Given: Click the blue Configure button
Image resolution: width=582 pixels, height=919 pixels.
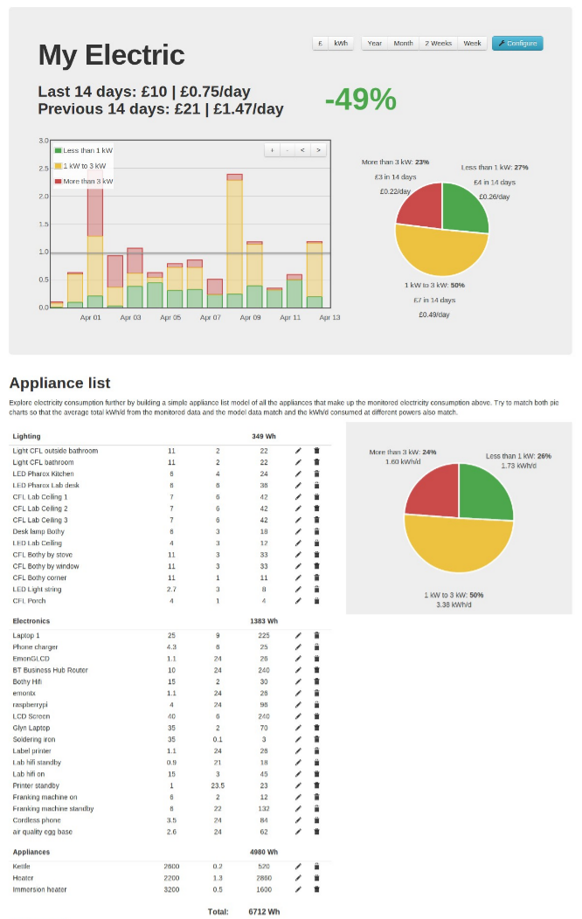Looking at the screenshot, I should click(517, 43).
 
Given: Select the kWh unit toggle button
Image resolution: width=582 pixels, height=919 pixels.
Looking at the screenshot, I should click(340, 43).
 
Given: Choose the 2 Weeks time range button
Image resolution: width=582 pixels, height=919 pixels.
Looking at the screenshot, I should click(438, 43).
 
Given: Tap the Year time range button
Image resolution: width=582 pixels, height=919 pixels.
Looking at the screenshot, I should click(375, 43).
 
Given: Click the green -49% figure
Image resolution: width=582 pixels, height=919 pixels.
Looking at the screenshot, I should click(360, 100).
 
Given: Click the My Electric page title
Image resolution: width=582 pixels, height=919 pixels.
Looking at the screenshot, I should click(111, 55).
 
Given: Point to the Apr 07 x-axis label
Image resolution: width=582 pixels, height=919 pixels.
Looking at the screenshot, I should click(210, 318).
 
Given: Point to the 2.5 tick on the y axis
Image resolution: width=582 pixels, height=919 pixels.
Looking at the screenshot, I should click(43, 168).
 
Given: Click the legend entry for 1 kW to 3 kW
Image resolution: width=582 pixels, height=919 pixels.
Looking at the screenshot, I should click(84, 166).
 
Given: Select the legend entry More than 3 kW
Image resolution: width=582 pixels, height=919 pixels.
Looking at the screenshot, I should click(87, 182).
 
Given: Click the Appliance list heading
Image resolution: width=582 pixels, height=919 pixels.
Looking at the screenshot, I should click(59, 383).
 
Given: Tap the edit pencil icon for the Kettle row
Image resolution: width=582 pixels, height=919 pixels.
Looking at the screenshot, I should click(298, 867).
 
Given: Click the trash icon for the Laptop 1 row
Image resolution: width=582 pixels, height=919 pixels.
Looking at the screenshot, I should click(316, 635).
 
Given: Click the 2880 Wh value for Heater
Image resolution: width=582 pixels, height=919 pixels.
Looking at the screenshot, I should click(263, 878).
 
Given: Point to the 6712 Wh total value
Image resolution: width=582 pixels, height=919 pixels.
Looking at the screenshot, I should click(263, 911).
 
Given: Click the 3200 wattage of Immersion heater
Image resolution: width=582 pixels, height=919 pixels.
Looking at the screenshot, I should click(171, 889).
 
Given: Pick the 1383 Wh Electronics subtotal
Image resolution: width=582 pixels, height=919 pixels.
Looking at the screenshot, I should click(263, 619).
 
